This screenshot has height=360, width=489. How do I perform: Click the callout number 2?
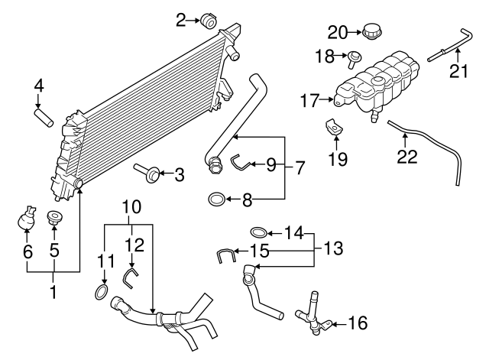(x=180, y=20)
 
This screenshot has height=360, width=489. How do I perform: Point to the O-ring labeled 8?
(x=217, y=200)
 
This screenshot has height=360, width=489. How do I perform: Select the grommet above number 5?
(x=55, y=218)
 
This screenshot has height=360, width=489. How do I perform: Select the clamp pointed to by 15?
(x=224, y=255)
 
